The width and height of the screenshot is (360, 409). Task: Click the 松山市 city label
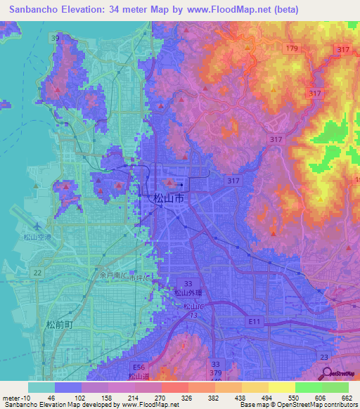169,200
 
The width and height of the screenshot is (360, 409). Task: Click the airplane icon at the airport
37,225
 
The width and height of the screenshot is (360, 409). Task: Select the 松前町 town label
59,325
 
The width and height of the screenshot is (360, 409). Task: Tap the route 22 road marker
37,273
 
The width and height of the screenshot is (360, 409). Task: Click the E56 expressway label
139,367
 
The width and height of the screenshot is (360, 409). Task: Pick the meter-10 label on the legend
14,398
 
